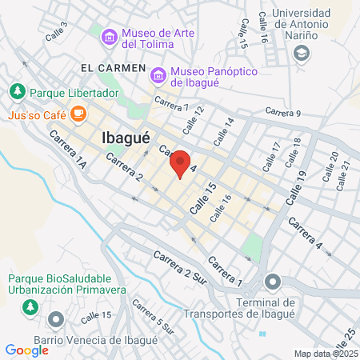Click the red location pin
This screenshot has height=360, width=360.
point(181,163)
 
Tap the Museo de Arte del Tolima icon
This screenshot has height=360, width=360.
point(108,35)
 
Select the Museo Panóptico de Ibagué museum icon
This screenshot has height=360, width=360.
point(158,75)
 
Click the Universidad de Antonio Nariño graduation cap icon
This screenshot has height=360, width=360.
point(302,53)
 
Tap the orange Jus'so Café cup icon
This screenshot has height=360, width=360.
point(78,114)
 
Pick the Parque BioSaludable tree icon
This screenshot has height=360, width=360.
point(30,306)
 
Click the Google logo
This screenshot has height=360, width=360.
point(26,350)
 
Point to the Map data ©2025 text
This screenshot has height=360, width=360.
point(325,353)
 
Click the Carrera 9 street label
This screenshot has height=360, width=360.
point(282,113)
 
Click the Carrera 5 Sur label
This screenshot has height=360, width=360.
point(153,316)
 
